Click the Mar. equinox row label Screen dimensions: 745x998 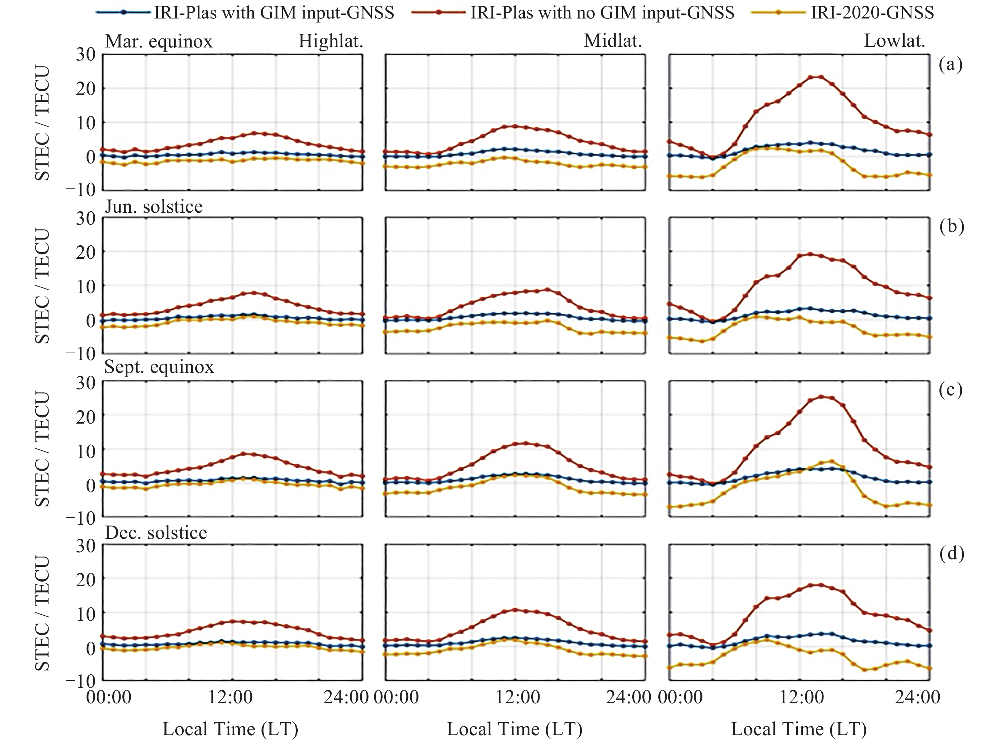159,41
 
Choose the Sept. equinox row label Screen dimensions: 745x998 159,367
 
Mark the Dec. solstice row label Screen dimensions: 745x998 156,533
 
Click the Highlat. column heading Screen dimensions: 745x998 331,41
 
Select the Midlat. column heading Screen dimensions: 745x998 613,41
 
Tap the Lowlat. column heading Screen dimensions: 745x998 894,41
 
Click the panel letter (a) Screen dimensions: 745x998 951,65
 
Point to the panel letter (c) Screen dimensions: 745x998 951,390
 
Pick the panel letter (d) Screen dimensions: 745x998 952,553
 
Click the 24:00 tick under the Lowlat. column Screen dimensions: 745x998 917,698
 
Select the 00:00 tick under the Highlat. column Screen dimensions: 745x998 109,698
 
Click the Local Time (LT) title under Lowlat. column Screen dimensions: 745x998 798,729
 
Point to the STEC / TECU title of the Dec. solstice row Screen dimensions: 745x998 43,613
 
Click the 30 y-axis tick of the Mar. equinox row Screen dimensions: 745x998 85,55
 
